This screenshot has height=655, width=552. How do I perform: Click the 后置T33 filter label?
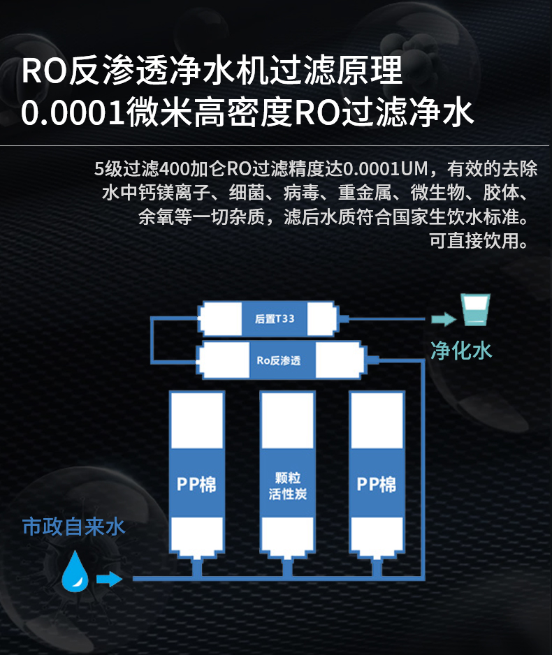tap(275, 318)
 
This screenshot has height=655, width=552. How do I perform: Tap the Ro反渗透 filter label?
tap(278, 360)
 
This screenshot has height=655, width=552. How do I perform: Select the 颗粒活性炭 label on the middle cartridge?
tap(287, 486)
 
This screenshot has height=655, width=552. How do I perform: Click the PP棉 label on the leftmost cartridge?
tap(196, 485)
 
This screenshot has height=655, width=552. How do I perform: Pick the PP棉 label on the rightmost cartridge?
tap(377, 485)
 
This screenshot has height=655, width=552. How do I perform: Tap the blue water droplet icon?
tap(75, 571)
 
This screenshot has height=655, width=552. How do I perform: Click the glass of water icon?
tap(476, 309)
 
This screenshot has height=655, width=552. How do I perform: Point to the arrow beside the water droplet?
tap(110, 579)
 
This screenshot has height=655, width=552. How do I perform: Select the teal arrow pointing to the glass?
tap(444, 319)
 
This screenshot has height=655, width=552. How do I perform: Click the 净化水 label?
tap(461, 350)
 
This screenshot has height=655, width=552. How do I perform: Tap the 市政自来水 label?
tap(73, 527)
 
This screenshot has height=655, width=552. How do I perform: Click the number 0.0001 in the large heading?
tap(73, 113)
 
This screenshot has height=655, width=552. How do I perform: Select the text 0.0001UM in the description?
tap(386, 169)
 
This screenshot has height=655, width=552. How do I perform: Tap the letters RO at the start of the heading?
tap(44, 71)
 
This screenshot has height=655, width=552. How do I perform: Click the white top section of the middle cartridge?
tap(287, 420)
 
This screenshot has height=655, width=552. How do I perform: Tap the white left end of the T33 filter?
tap(221, 318)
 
